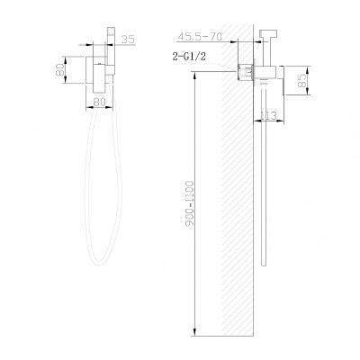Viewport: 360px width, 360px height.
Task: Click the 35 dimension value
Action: pyautogui.click(x=129, y=40)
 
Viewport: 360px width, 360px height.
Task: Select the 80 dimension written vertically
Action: pyautogui.click(x=60, y=70)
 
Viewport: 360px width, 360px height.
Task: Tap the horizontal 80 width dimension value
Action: pyautogui.click(x=99, y=102)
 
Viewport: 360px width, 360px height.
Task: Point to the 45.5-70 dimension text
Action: pyautogui.click(x=200, y=37)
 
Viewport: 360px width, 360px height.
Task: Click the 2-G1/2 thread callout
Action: pyautogui.click(x=189, y=56)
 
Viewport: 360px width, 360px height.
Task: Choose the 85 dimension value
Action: pyautogui.click(x=303, y=81)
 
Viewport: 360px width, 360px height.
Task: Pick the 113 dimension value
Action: pyautogui.click(x=268, y=115)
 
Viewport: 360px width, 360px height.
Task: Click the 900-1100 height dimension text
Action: pyautogui.click(x=190, y=203)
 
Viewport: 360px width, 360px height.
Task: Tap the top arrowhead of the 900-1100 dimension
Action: pyautogui.click(x=195, y=75)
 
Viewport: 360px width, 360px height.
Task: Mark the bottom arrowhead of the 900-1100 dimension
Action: pyautogui.click(x=195, y=331)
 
